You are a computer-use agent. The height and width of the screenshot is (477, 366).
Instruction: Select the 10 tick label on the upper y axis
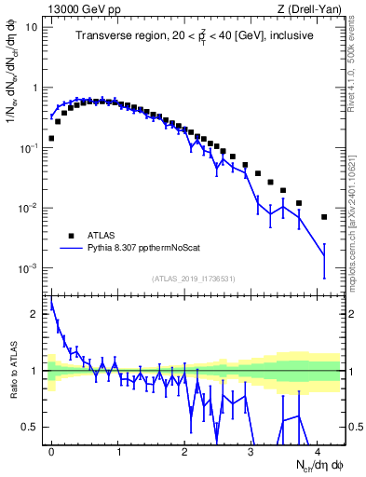pos(32,27)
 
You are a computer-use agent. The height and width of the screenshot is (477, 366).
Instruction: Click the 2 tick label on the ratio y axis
pos(35,314)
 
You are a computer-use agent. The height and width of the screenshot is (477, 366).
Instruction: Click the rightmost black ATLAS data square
pos(324,217)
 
